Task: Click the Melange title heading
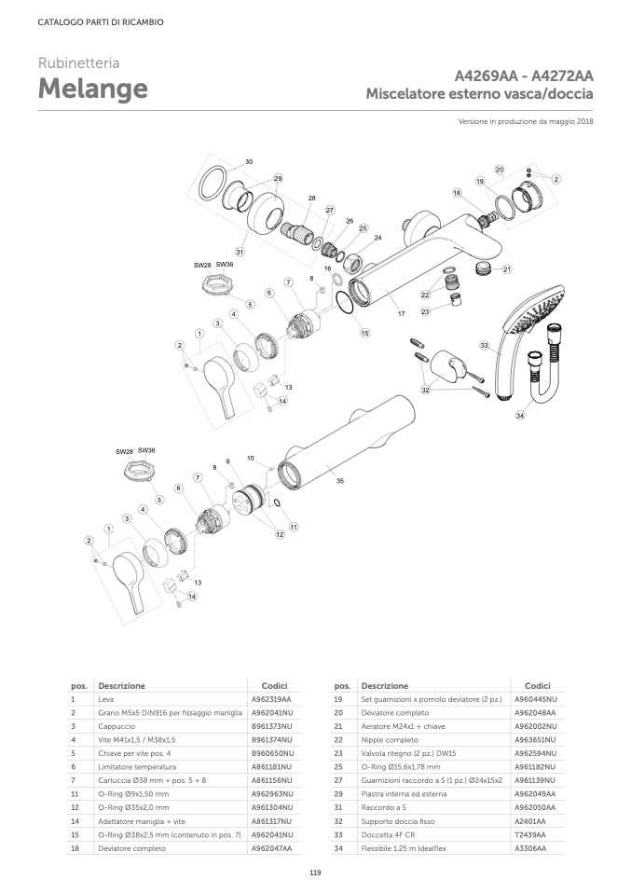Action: pos(92,89)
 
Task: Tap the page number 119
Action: pos(315,872)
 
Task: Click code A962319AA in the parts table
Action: pos(271,698)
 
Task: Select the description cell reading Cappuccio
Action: pos(117,725)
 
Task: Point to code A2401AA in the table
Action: pos(531,821)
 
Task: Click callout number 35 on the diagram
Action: pos(339,481)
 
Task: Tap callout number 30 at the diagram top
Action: pos(249,162)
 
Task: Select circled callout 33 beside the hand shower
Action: pos(484,346)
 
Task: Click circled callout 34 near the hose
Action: pos(520,416)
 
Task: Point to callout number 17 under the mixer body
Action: pos(402,314)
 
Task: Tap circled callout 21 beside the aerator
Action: pos(508,270)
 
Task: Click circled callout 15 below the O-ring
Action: pos(364,333)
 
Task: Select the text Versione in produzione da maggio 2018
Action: pos(527,121)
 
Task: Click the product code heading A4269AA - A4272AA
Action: pos(525,76)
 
